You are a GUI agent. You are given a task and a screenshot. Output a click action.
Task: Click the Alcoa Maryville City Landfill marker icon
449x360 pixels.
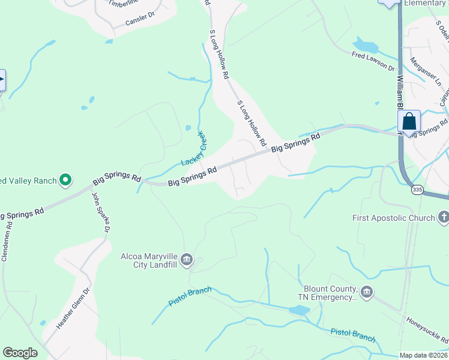point(187,259)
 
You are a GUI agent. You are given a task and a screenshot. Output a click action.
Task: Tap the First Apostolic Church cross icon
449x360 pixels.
point(444,217)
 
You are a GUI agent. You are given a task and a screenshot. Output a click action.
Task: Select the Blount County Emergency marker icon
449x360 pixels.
point(367,292)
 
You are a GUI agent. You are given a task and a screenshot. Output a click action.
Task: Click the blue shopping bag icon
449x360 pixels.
point(409,121)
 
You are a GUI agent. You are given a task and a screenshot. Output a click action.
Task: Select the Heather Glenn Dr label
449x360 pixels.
point(73,308)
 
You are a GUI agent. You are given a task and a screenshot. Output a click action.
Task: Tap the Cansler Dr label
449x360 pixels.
point(140,20)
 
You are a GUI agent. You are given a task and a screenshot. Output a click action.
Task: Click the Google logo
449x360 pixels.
point(20,353)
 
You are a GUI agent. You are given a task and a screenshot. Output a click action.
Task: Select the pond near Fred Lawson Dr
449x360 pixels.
point(364,45)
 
